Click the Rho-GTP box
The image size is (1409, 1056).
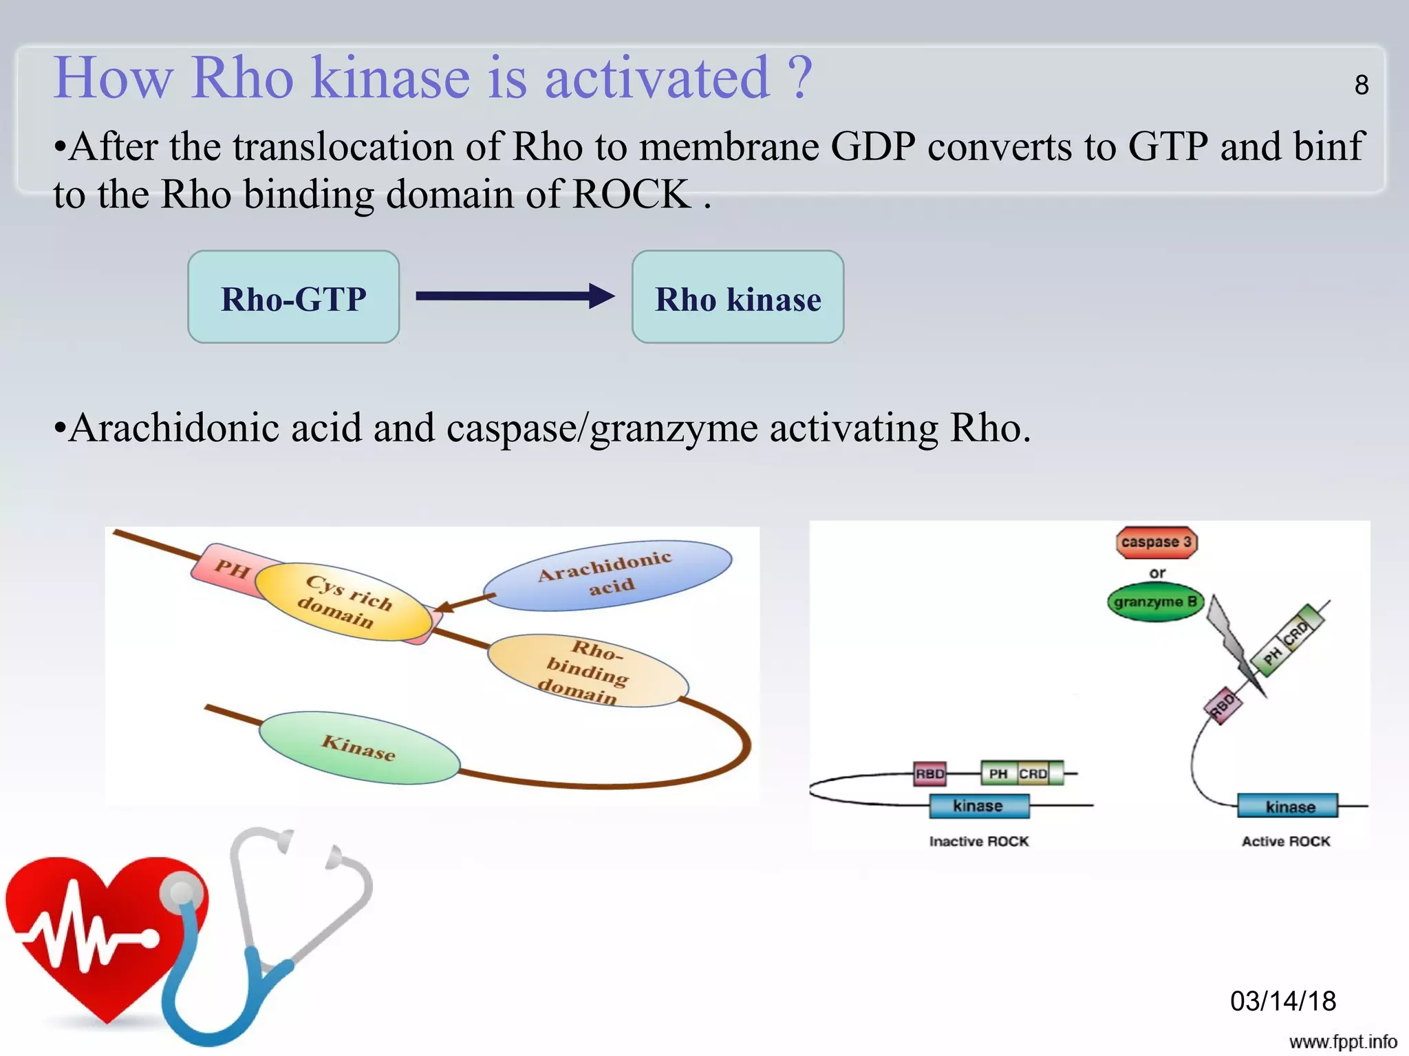(x=294, y=297)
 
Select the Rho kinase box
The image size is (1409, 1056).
(x=738, y=297)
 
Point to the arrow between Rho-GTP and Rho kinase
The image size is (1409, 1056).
(x=515, y=296)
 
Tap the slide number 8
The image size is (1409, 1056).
(x=1361, y=85)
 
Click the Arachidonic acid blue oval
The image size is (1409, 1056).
(x=607, y=575)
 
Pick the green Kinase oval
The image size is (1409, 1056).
(x=359, y=747)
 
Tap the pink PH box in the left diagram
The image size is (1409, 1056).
(x=231, y=569)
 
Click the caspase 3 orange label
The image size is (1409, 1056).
(x=1156, y=542)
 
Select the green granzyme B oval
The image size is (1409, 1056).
(x=1155, y=602)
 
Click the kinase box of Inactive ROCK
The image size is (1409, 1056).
(x=978, y=806)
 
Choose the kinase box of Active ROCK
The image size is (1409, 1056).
(x=1289, y=806)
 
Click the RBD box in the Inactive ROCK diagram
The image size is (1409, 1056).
(x=929, y=773)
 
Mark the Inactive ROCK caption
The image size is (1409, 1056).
(x=978, y=841)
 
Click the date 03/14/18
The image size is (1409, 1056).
(x=1282, y=1001)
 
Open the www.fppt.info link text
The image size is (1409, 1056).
(x=1342, y=1042)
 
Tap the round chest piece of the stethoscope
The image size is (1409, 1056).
(x=182, y=893)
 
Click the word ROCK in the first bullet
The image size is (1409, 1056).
(x=631, y=194)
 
